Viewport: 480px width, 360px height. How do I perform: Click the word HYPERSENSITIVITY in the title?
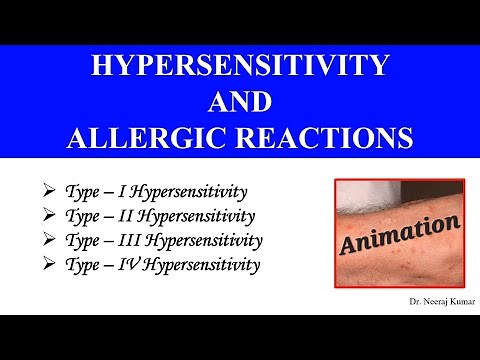pyautogui.click(x=240, y=69)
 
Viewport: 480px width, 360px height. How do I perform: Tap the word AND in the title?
pyautogui.click(x=240, y=103)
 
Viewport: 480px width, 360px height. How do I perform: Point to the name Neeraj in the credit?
pyautogui.click(x=425, y=299)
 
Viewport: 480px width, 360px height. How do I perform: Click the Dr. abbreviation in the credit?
pyautogui.click(x=402, y=299)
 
